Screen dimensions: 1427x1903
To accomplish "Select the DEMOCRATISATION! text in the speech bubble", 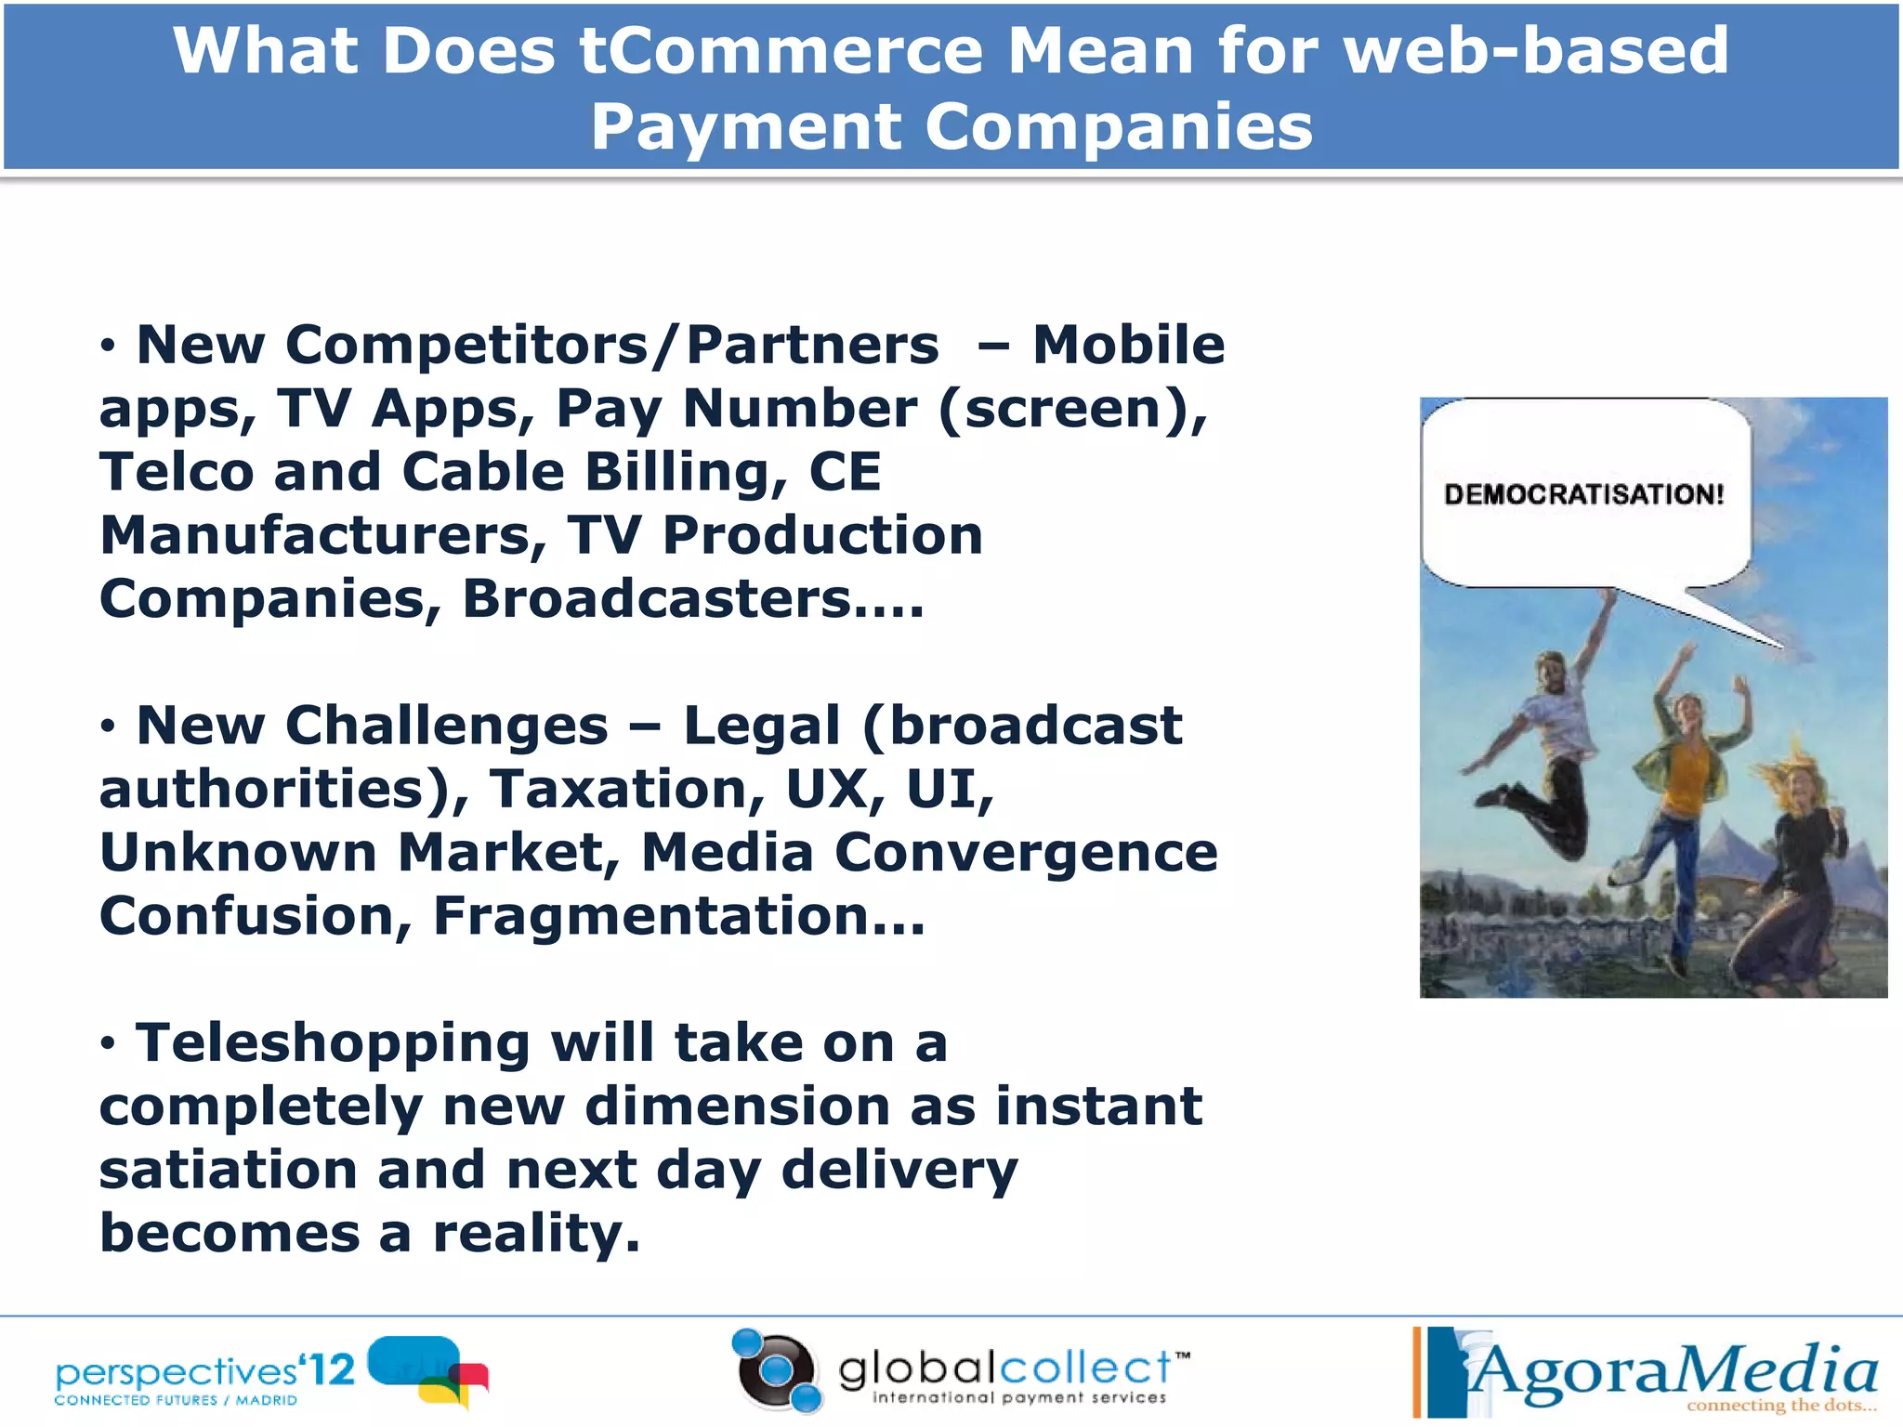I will tap(1583, 494).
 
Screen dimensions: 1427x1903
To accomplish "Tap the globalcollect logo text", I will tap(1004, 1369).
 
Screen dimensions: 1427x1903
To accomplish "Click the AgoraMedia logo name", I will tap(1673, 1371).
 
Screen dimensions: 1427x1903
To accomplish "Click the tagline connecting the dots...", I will tap(1780, 1406).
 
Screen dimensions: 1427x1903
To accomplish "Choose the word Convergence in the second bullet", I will tap(1026, 853).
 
